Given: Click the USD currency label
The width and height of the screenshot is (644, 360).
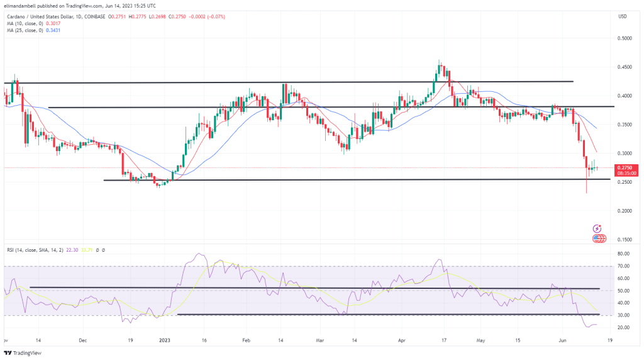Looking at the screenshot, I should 623,16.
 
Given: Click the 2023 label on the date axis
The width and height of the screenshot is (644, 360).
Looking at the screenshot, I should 164,339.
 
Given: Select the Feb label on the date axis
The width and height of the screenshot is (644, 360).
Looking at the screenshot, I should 247,339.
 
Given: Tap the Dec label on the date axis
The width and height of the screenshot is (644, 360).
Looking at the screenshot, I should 83,339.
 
